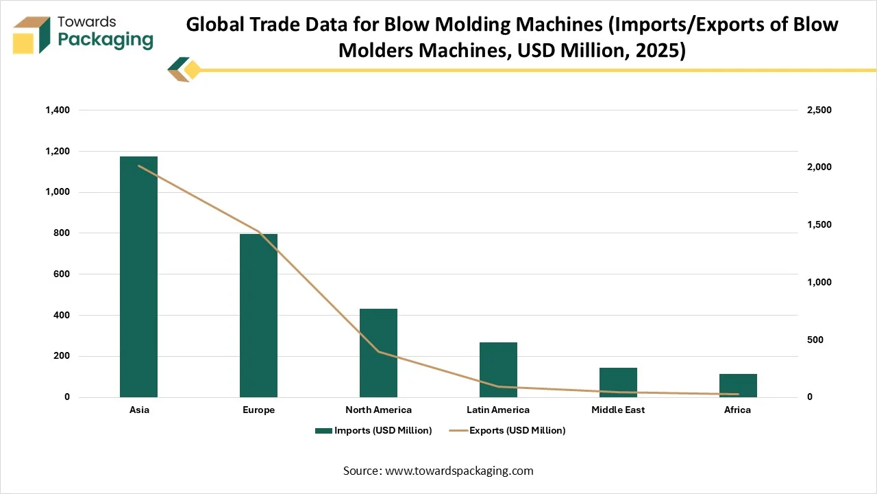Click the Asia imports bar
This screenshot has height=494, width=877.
(138, 277)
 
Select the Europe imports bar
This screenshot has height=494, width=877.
(258, 316)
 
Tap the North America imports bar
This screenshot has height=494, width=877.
(378, 353)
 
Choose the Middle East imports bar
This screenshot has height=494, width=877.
(618, 382)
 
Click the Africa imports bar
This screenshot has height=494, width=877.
(738, 385)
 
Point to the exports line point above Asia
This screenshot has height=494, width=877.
(138, 165)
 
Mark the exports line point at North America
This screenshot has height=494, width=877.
(378, 351)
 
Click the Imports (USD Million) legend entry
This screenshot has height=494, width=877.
(373, 430)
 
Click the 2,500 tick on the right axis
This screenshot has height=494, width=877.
(819, 110)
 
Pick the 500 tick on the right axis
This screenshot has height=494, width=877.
(815, 340)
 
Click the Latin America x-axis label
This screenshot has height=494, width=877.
(498, 410)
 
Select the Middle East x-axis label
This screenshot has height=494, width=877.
(618, 410)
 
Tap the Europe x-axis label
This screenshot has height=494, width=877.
(258, 410)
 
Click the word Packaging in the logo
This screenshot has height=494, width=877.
(106, 40)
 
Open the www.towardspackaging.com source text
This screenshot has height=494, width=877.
(459, 471)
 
